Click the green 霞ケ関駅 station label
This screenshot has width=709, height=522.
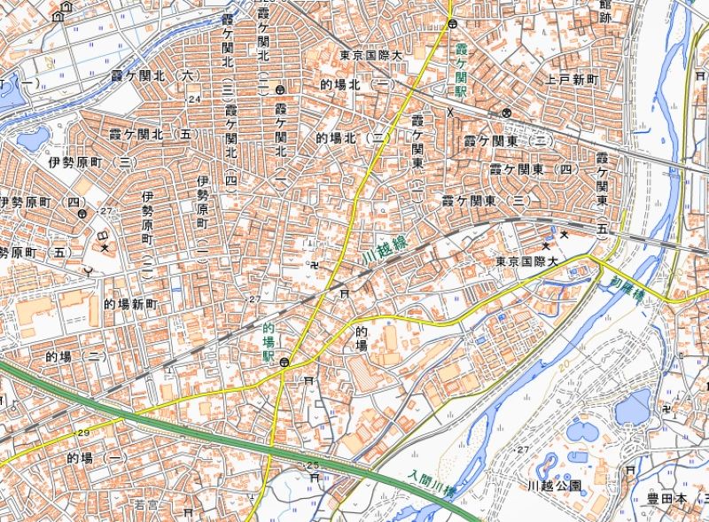[x=461, y=67]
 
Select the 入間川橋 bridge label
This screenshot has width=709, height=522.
[x=432, y=483]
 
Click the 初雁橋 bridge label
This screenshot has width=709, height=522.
[x=625, y=287]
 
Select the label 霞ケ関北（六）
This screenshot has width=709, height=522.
[x=166, y=78]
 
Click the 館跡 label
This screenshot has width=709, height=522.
[x=606, y=11]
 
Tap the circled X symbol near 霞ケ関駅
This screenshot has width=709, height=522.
[x=506, y=113]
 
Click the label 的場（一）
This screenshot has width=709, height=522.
[x=98, y=458]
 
